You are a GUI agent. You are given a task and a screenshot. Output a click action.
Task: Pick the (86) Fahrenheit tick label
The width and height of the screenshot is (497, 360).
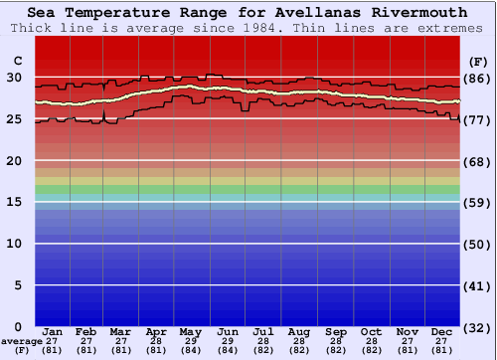pyautogui.click(x=477, y=79)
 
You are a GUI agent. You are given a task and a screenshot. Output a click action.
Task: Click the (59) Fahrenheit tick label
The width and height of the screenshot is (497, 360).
pyautogui.click(x=477, y=203)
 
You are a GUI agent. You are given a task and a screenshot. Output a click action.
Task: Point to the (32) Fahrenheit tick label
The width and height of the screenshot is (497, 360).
pyautogui.click(x=477, y=327)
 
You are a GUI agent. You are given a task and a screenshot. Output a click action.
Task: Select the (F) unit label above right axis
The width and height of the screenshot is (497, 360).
pyautogui.click(x=477, y=61)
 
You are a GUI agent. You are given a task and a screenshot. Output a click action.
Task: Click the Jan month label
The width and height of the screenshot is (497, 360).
pyautogui.click(x=54, y=331)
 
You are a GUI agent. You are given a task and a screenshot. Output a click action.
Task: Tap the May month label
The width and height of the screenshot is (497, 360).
pyautogui.click(x=190, y=331)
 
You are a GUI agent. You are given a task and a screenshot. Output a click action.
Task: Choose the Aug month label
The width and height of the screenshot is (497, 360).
pyautogui.click(x=299, y=331)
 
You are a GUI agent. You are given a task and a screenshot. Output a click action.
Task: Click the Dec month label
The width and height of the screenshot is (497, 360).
pyautogui.click(x=443, y=331)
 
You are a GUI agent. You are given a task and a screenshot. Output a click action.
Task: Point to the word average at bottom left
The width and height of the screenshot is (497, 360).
pyautogui.click(x=22, y=341)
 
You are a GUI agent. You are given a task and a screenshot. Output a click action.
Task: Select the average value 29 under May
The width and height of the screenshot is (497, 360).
pyautogui.click(x=190, y=341)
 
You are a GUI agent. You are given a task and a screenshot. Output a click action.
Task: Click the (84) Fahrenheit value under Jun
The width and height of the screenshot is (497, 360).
pyautogui.click(x=227, y=350)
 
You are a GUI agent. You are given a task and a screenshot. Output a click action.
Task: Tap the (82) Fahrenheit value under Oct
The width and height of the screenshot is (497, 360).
pyautogui.click(x=372, y=350)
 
